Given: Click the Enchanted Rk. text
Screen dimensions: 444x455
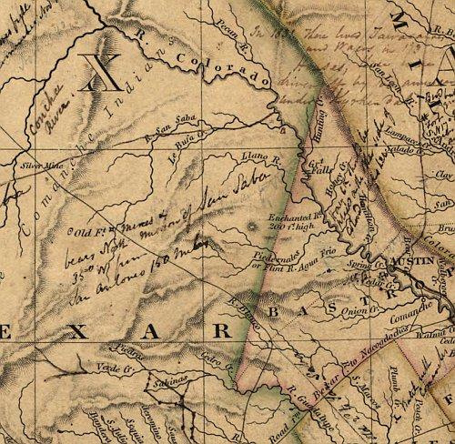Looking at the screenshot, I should (290, 218).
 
